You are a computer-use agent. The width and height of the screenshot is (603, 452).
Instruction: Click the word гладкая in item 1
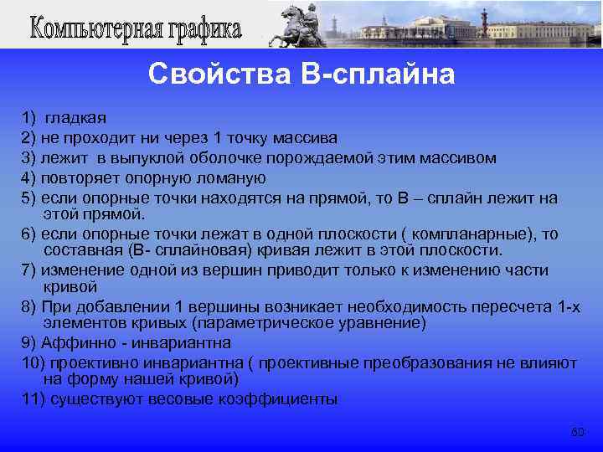click(x=75, y=118)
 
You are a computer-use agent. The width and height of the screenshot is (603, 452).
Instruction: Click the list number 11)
click(x=33, y=398)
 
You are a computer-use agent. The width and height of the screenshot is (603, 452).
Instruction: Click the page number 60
click(x=577, y=432)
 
